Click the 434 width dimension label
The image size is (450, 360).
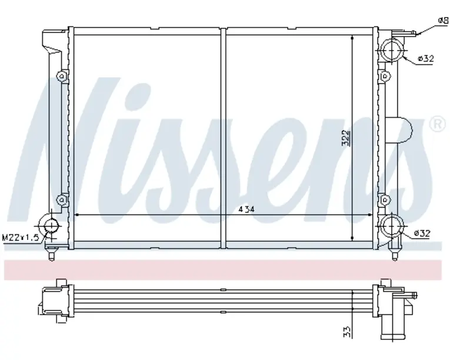click(246, 209)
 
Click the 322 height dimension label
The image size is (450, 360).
click(346, 138)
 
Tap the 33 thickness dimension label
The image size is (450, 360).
click(347, 332)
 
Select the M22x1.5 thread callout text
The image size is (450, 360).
click(20, 238)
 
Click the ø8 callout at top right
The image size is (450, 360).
click(443, 21)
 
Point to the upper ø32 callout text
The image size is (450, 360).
click(426, 59)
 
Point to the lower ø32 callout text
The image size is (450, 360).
click(422, 234)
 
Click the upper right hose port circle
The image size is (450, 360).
click(392, 49)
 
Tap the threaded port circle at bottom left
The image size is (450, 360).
click(51, 226)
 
